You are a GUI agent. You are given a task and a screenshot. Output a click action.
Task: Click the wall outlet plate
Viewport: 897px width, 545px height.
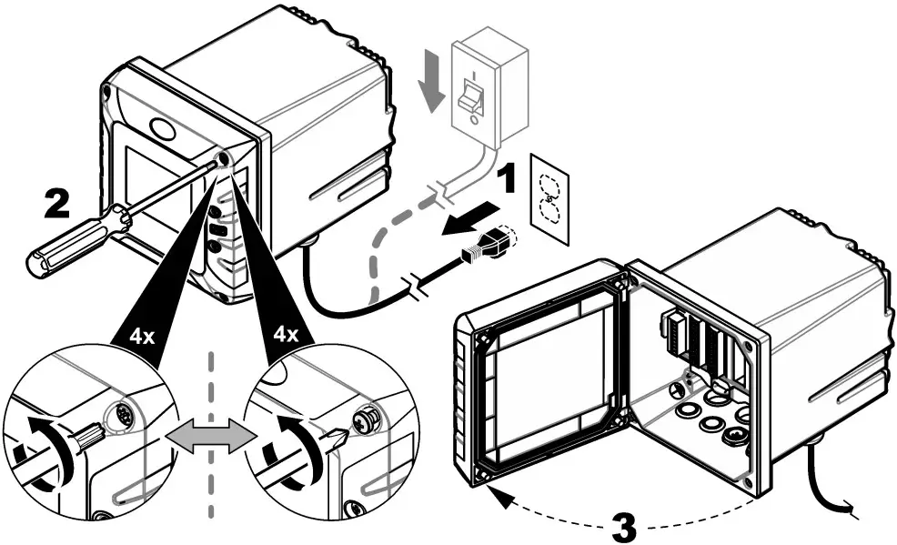tap(549, 198)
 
